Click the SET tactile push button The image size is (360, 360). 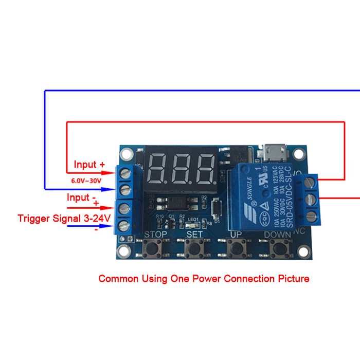[194, 249]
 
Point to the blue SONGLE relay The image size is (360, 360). [263, 195]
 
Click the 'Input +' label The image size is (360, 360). [89, 165]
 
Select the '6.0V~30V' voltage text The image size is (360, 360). [86, 181]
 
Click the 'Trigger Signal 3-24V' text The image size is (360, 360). [64, 219]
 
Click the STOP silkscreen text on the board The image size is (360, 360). [156, 235]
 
